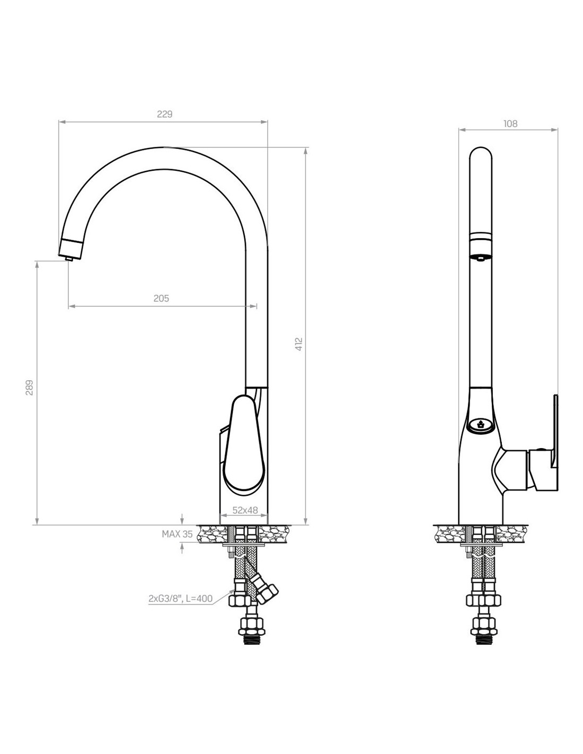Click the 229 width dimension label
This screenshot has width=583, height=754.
[165, 114]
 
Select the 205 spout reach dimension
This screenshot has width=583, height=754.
[161, 299]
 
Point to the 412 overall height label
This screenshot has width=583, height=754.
[299, 345]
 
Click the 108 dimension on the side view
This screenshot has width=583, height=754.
[510, 124]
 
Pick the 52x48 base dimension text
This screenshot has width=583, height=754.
[245, 510]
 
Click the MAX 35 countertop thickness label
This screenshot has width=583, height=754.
[177, 534]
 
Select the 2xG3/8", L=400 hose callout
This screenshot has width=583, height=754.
[180, 599]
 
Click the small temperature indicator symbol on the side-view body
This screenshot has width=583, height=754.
[480, 424]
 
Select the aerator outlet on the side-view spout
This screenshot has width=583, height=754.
[480, 258]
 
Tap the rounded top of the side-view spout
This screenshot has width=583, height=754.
[481, 154]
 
